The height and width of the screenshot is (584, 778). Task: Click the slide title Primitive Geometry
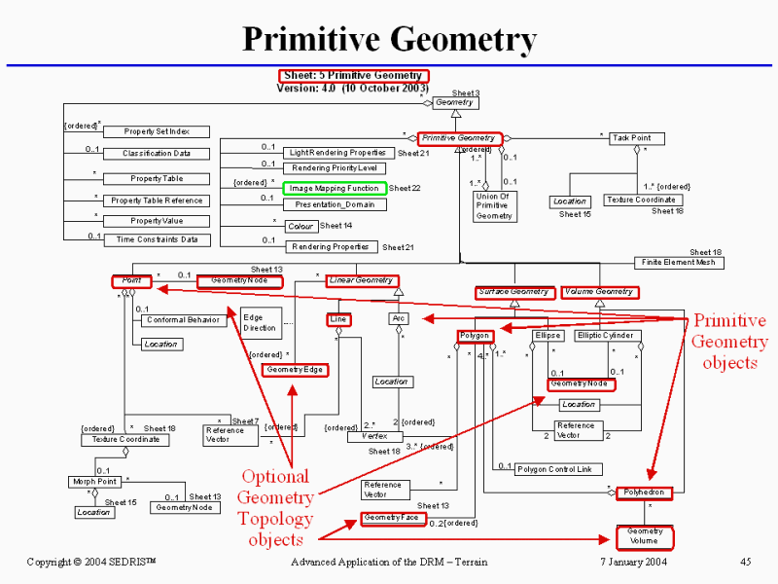pyautogui.click(x=389, y=40)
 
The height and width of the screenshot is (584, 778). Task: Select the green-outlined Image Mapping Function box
pyautogui.click(x=334, y=188)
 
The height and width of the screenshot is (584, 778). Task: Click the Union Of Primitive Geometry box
pyautogui.click(x=494, y=206)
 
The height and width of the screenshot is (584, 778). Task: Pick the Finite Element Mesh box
pyautogui.click(x=679, y=263)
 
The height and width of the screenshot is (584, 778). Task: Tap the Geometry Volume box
pyautogui.click(x=644, y=536)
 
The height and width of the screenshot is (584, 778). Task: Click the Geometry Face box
pyautogui.click(x=391, y=519)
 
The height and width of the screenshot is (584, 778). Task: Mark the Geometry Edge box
pyautogui.click(x=296, y=370)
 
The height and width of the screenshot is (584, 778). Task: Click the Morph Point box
pyautogui.click(x=94, y=482)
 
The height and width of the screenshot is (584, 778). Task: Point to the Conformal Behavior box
pyautogui.click(x=181, y=320)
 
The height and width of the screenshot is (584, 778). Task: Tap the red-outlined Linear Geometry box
pyautogui.click(x=360, y=280)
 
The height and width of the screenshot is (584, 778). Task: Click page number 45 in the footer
pyautogui.click(x=746, y=562)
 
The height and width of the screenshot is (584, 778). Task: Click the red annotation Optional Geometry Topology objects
pyautogui.click(x=275, y=507)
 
